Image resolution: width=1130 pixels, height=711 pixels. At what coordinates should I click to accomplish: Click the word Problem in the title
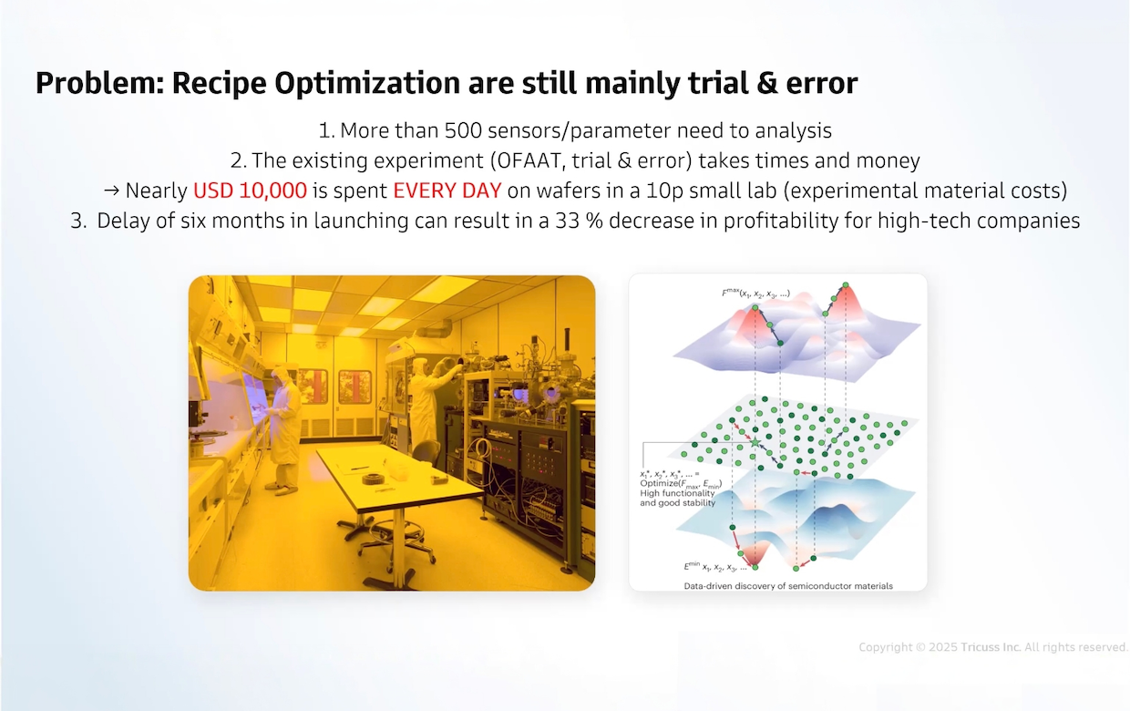point(100,83)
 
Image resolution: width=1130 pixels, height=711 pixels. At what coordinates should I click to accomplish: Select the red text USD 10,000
point(250,191)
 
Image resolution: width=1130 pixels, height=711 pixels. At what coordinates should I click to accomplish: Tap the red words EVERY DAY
point(447,191)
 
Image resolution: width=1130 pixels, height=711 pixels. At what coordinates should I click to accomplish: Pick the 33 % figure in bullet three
point(580,221)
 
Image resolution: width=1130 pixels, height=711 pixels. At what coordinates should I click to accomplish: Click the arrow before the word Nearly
point(111,191)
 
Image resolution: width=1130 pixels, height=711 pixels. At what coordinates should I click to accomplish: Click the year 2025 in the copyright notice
point(943,647)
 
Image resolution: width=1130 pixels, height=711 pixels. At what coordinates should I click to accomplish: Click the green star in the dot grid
point(755,442)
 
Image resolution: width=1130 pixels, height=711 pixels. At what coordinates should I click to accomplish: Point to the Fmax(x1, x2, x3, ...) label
point(755,294)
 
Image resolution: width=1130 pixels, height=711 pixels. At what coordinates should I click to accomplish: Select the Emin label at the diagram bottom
point(715,567)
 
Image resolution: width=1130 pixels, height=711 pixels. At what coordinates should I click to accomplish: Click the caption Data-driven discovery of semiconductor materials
point(788,586)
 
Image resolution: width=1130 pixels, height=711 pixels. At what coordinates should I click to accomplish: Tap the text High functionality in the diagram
point(677,493)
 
